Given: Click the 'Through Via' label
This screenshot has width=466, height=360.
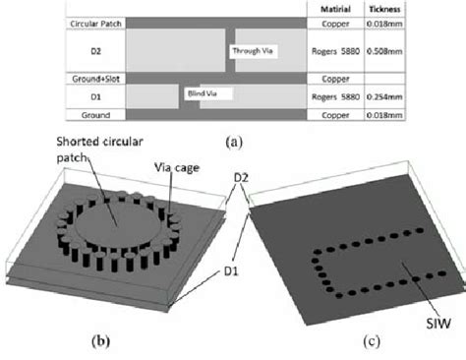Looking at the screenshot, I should (x=254, y=50).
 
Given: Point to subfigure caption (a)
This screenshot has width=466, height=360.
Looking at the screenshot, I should (x=235, y=142).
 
